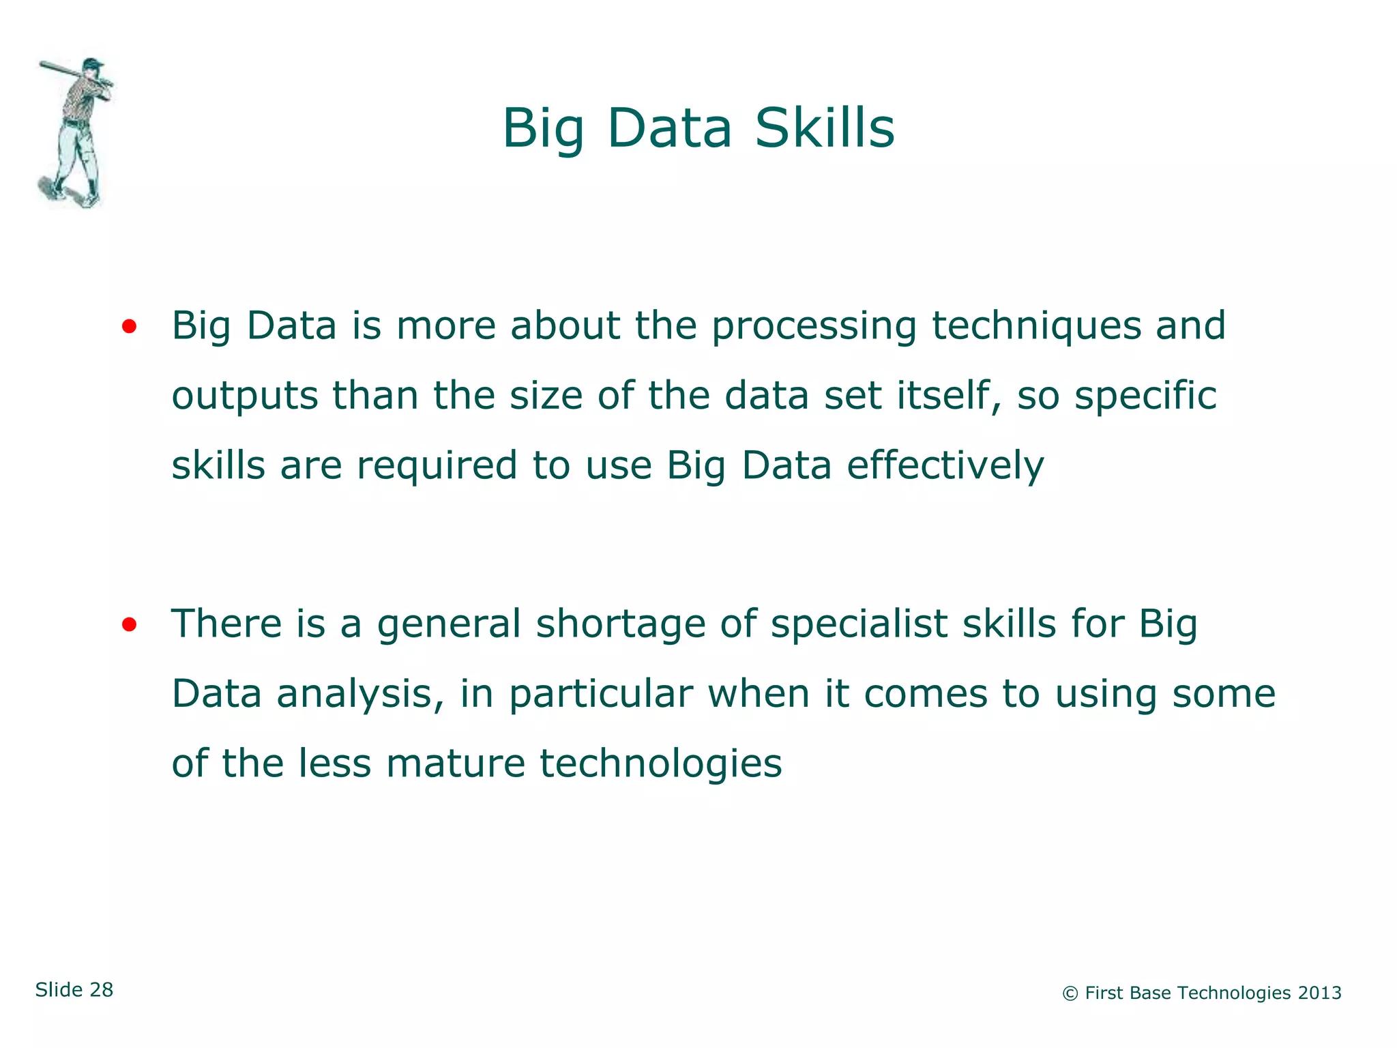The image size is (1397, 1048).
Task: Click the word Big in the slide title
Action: [x=543, y=130]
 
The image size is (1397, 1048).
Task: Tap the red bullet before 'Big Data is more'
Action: [x=129, y=327]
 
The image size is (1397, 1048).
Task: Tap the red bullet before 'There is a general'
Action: [x=129, y=624]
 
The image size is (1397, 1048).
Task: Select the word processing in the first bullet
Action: [x=814, y=327]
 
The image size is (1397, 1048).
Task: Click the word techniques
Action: [x=1036, y=327]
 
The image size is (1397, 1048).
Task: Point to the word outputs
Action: [x=244, y=396]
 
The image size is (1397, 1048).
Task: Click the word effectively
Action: [x=945, y=466]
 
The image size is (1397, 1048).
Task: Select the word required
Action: [x=437, y=467]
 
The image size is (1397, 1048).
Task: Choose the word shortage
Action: [x=620, y=624]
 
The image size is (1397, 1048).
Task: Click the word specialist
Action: [x=859, y=624]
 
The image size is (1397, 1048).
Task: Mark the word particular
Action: [x=601, y=695]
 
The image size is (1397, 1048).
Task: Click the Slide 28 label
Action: [x=74, y=990]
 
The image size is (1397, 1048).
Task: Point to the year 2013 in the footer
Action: [x=1319, y=993]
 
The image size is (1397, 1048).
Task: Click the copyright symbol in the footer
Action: [x=1070, y=994]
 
